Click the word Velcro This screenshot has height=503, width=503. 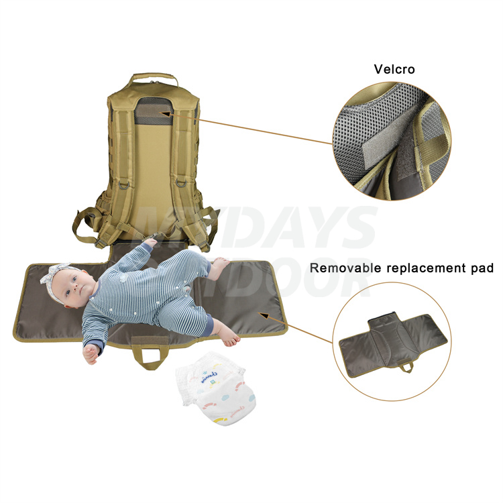click(395, 68)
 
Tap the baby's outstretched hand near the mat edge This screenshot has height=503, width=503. click(90, 352)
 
